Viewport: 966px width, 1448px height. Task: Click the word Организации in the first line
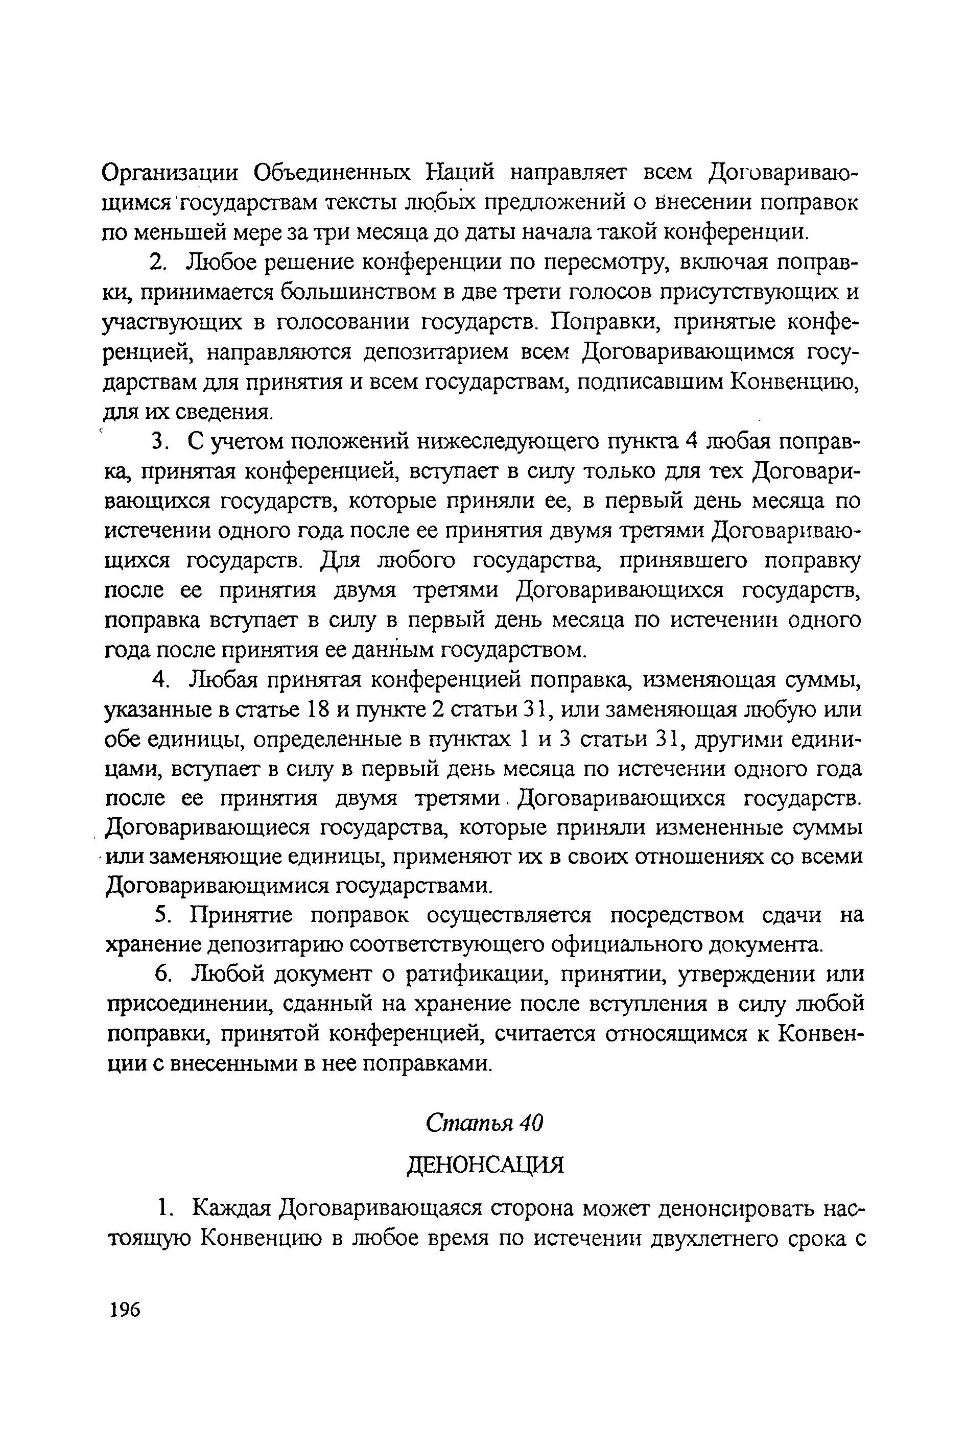[x=171, y=173]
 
